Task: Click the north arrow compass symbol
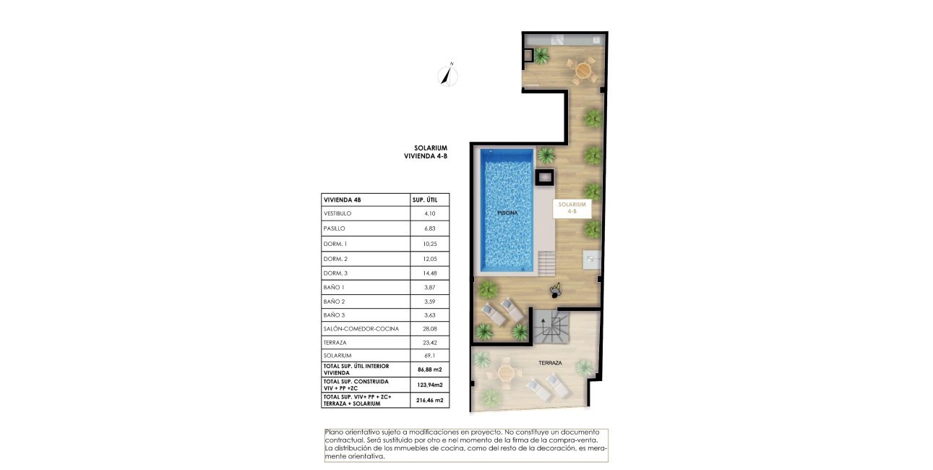click(x=449, y=74)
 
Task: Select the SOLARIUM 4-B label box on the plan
click(x=572, y=208)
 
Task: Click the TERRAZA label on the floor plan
click(x=550, y=363)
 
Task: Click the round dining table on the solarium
click(x=582, y=69)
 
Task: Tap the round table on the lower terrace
click(x=506, y=374)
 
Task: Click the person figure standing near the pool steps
click(x=556, y=291)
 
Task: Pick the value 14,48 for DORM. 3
click(x=430, y=273)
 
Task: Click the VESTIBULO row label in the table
click(x=337, y=214)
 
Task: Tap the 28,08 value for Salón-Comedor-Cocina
click(x=430, y=328)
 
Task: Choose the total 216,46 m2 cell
click(x=430, y=400)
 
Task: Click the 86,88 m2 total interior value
click(x=430, y=369)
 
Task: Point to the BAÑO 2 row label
click(x=334, y=301)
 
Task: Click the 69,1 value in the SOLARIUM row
click(x=430, y=356)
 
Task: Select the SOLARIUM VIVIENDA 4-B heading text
click(x=426, y=151)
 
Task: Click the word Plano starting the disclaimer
click(x=335, y=432)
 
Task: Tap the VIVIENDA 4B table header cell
click(x=343, y=200)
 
